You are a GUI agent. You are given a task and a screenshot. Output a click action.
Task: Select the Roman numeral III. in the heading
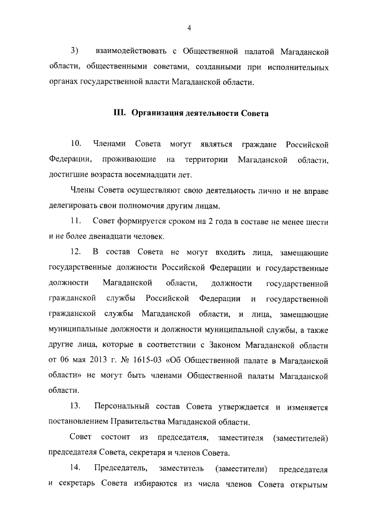click(x=119, y=112)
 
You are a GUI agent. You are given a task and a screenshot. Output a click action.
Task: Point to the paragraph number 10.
click(x=76, y=143)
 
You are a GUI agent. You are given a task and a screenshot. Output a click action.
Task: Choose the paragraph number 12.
click(x=76, y=253)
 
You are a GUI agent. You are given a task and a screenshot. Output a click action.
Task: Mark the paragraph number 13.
click(x=76, y=408)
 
